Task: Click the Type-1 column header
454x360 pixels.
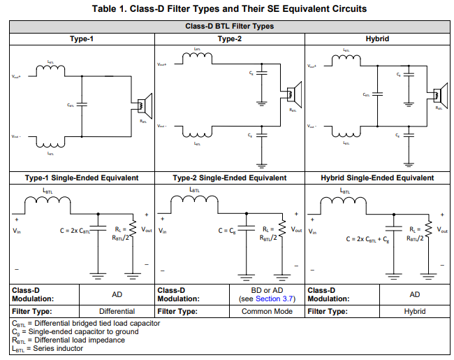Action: pos(82,38)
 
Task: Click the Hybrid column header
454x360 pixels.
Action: pos(379,38)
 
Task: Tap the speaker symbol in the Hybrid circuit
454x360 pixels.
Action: pos(439,94)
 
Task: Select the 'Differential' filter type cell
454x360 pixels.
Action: pos(117,311)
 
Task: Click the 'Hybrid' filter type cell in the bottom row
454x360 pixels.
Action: pos(414,311)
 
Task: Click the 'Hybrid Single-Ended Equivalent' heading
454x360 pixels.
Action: pos(378,178)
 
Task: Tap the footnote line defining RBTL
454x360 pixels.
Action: pos(68,340)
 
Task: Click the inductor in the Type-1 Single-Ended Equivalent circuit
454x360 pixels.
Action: pos(47,203)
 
